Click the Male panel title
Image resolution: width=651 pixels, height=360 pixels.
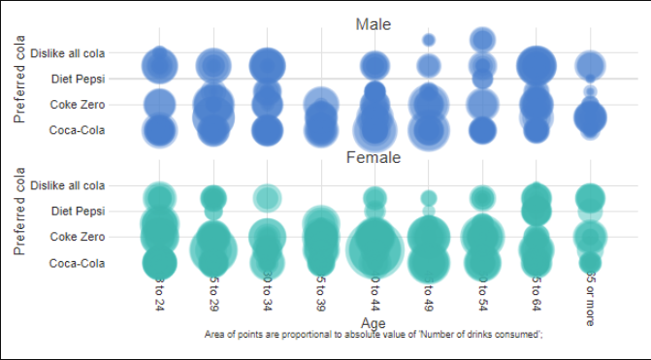(373, 24)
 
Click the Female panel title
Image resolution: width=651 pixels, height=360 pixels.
(373, 156)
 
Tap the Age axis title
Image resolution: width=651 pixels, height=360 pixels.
(374, 322)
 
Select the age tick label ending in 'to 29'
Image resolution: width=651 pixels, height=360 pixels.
(213, 296)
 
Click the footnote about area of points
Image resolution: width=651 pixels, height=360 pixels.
(374, 335)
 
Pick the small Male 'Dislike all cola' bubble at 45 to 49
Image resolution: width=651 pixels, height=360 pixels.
(428, 40)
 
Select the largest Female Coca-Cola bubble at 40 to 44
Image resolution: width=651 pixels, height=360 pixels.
(374, 250)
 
